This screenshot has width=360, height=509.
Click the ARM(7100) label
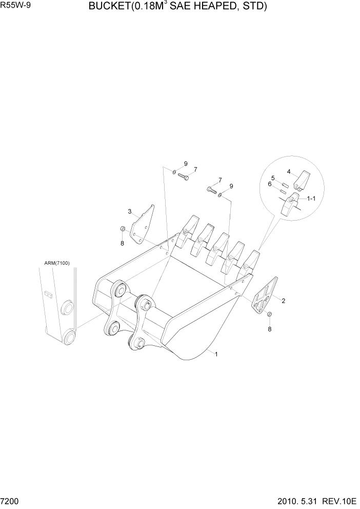(57, 263)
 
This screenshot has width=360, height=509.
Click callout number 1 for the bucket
(216, 354)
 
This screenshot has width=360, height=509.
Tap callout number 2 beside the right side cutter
(284, 301)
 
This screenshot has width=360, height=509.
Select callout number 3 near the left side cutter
(130, 211)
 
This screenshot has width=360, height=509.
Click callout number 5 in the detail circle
(273, 178)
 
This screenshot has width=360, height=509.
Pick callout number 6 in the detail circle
(270, 184)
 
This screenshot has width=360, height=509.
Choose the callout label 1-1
(311, 199)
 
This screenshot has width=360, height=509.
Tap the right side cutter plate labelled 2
(265, 296)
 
